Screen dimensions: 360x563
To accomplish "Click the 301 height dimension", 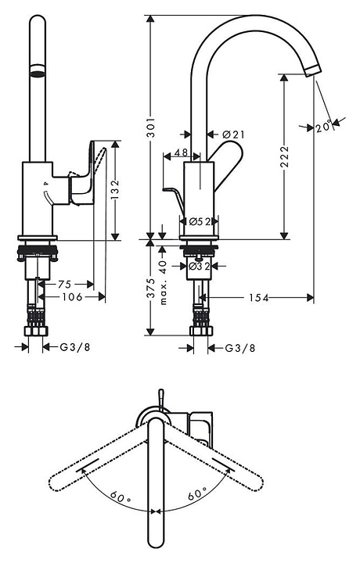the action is click(152, 127).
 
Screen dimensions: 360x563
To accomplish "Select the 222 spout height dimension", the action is click(284, 156).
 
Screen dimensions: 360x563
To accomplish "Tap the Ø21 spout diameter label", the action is click(233, 134).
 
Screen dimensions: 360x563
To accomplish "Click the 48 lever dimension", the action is click(181, 152).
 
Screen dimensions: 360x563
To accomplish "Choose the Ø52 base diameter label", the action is click(199, 221).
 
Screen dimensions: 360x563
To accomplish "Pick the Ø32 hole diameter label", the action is click(199, 266).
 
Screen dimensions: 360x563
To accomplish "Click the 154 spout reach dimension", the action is click(259, 298).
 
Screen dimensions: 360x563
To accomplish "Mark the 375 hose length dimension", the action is click(152, 288).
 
